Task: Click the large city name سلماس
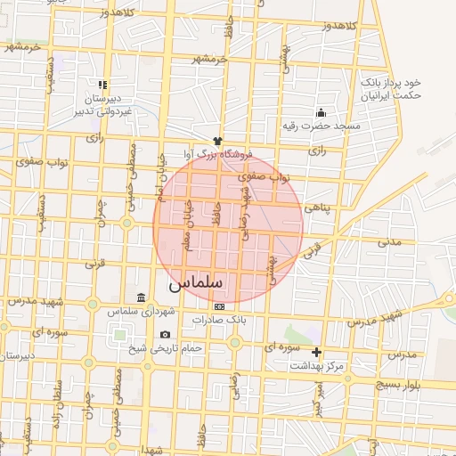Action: [198, 282]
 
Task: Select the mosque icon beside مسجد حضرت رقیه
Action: [321, 113]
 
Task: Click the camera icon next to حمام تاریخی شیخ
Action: [164, 335]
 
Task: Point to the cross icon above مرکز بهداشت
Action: [316, 352]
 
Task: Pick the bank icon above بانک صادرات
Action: [219, 305]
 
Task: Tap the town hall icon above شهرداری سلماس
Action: [141, 297]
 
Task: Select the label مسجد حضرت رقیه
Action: [330, 126]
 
